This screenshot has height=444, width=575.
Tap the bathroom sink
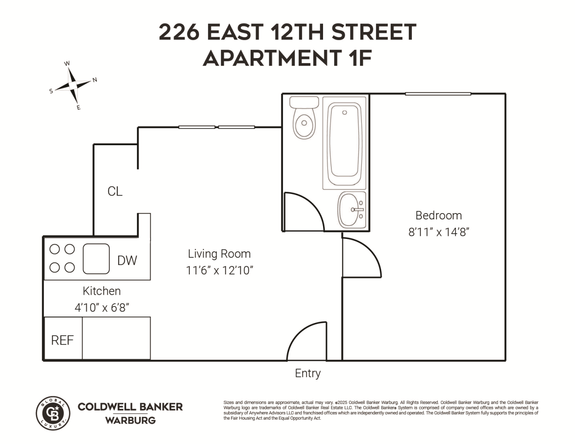(x=351, y=210)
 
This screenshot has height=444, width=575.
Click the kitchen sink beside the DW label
(x=96, y=259)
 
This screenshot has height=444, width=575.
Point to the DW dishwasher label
(x=127, y=261)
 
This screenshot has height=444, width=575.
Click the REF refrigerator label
(x=62, y=340)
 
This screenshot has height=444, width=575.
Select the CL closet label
(x=115, y=191)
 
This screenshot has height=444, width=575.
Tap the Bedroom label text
(x=439, y=215)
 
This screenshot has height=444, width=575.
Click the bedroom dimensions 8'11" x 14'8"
(x=439, y=232)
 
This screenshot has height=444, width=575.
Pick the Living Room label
(x=219, y=254)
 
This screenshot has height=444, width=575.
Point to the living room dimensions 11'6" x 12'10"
(x=219, y=270)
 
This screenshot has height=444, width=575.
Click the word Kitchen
(x=102, y=291)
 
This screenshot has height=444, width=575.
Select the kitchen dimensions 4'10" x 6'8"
(x=102, y=307)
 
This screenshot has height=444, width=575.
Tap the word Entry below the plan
(x=307, y=373)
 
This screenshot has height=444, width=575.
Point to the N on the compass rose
(x=95, y=80)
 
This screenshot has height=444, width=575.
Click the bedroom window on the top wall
(x=438, y=94)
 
